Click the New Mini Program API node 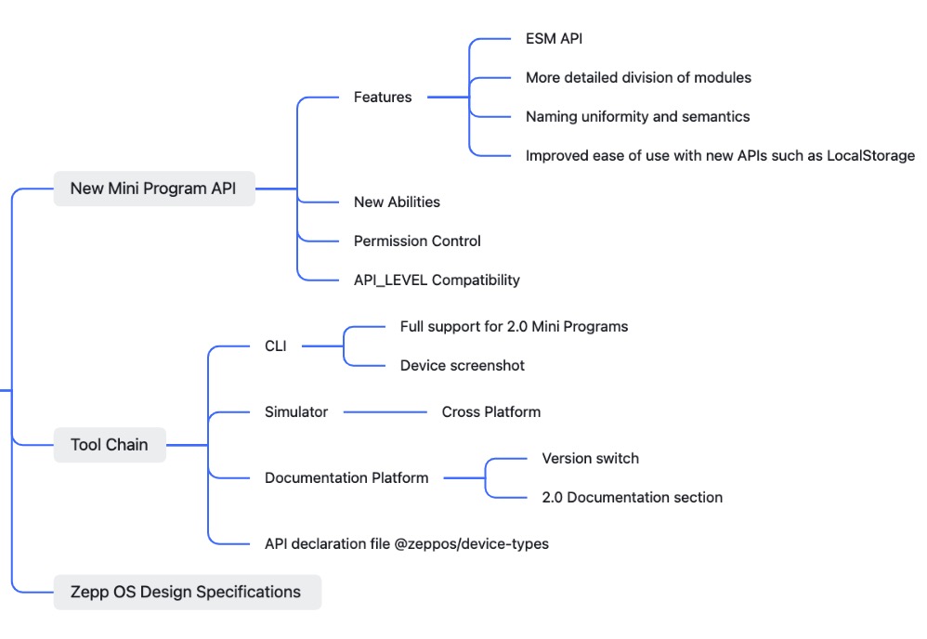click(153, 189)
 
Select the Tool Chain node click(109, 445)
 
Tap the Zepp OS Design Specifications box click(186, 592)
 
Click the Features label click(383, 98)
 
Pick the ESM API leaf click(555, 39)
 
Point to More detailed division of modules click(638, 78)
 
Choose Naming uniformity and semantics click(637, 117)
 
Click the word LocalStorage click(872, 156)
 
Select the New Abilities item click(397, 202)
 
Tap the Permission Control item click(417, 241)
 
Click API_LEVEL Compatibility click(437, 280)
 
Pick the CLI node click(276, 346)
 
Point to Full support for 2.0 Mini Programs click(514, 327)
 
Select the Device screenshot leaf click(462, 366)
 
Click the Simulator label click(296, 411)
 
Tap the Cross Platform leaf click(490, 411)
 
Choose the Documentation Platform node click(346, 478)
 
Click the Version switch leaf click(590, 459)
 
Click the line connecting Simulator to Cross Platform click(385, 411)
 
